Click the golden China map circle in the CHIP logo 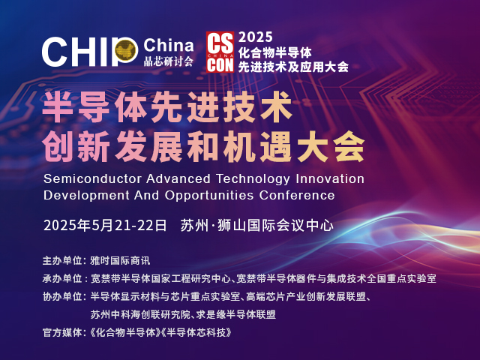click(x=127, y=49)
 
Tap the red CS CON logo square click(x=220, y=52)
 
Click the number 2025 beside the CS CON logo click(x=255, y=37)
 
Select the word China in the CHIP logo click(x=168, y=46)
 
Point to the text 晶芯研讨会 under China click(x=169, y=61)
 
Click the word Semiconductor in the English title click(x=92, y=178)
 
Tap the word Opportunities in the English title click(x=209, y=195)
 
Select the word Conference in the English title click(x=297, y=195)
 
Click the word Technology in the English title click(x=253, y=179)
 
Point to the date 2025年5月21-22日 click(x=105, y=226)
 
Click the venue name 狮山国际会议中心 click(x=275, y=226)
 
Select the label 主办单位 click(x=62, y=261)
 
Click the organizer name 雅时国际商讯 click(x=120, y=261)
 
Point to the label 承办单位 click(x=62, y=278)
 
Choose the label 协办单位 click(x=62, y=297)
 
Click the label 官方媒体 click(x=62, y=332)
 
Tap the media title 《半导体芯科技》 click(x=196, y=332)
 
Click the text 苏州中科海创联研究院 click(x=140, y=315)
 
